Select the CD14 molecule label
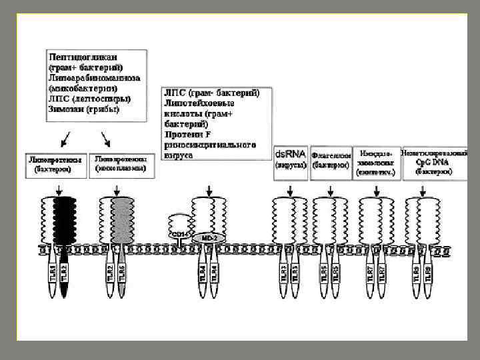pyautogui.click(x=180, y=235)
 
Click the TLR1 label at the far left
pyautogui.click(x=53, y=272)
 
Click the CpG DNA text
pyautogui.click(x=433, y=162)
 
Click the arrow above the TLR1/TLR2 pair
pyautogui.click(x=60, y=191)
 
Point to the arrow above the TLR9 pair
pyautogui.click(x=423, y=191)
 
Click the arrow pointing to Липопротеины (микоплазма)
pyautogui.click(x=106, y=139)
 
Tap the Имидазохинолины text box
pyautogui.click(x=377, y=162)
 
